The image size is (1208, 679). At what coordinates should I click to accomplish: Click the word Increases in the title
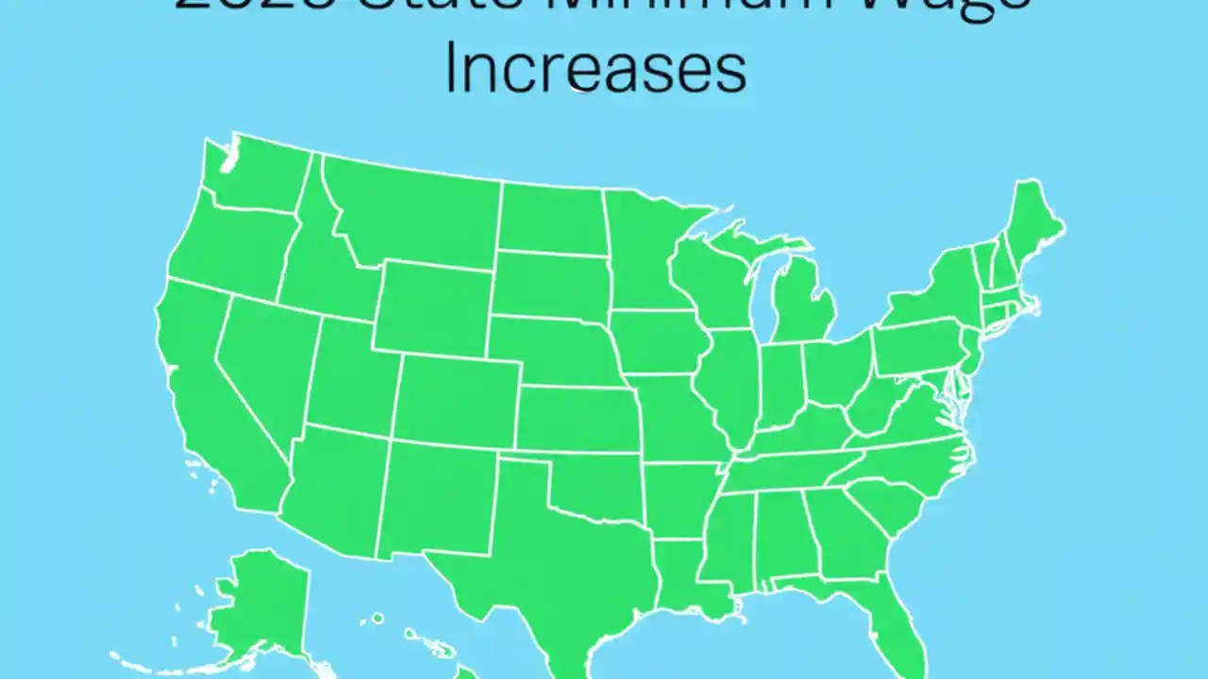click(x=595, y=69)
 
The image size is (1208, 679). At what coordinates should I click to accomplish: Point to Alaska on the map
click(x=255, y=604)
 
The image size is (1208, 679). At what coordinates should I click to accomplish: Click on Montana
click(x=415, y=212)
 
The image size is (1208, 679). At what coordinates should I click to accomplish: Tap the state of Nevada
click(x=264, y=368)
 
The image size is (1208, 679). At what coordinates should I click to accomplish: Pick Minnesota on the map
click(x=642, y=245)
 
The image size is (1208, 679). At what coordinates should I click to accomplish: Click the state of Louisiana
click(x=684, y=575)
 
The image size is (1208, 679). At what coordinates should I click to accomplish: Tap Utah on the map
click(x=349, y=377)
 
